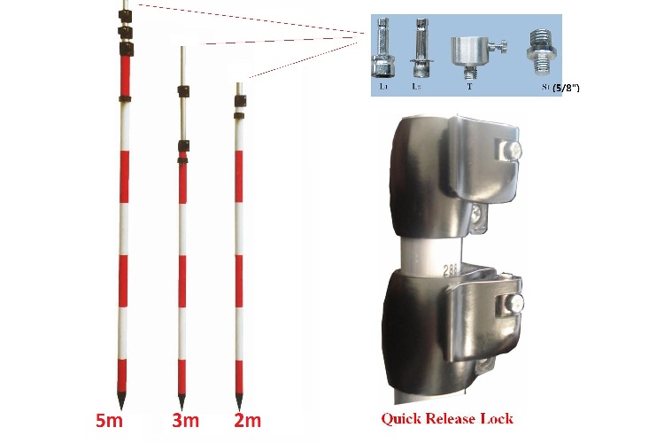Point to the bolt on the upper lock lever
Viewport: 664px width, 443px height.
[513, 152]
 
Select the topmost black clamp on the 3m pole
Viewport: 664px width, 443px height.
[183, 89]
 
